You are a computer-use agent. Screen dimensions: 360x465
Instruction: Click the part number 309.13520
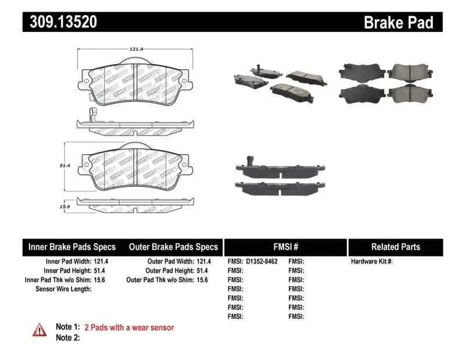tap(60, 22)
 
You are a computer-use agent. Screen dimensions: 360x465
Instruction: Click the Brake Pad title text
tap(398, 22)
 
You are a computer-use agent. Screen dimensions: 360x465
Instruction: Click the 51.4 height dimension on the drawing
tap(65, 166)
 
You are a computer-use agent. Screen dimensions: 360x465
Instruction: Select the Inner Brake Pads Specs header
tap(72, 247)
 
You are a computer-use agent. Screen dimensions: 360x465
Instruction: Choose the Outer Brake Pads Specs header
tap(173, 247)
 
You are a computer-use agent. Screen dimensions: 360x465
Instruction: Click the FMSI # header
tap(285, 247)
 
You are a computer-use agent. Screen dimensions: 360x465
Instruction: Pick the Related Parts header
tap(395, 247)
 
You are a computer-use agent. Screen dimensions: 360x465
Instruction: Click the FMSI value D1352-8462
tap(262, 262)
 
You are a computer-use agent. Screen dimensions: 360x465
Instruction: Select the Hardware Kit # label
tap(372, 262)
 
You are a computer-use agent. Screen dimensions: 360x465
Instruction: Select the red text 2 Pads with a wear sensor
tap(129, 327)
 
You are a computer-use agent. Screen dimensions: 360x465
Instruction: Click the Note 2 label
tap(67, 337)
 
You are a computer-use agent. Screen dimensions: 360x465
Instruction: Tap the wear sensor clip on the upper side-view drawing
tap(90, 115)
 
